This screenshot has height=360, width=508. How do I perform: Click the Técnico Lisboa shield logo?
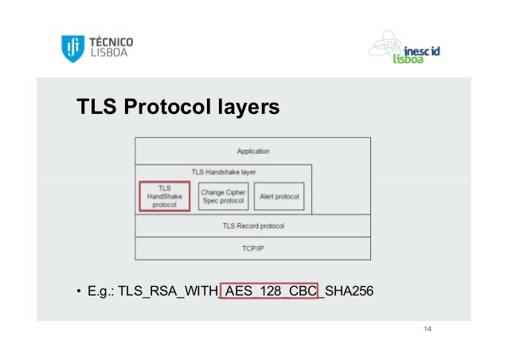coord(72,49)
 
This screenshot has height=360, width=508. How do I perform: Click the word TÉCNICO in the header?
coord(110,42)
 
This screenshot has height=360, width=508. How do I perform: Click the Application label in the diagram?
coord(253,151)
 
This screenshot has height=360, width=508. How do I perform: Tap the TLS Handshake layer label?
coord(224,171)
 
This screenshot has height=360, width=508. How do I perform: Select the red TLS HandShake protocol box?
coord(165,196)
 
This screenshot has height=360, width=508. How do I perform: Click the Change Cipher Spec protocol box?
coord(224,196)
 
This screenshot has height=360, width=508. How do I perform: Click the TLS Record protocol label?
coord(253,226)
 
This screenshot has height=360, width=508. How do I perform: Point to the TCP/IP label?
coord(253,248)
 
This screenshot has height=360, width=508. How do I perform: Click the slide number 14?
coord(428,330)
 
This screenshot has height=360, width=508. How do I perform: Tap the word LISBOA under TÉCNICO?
coord(106,55)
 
